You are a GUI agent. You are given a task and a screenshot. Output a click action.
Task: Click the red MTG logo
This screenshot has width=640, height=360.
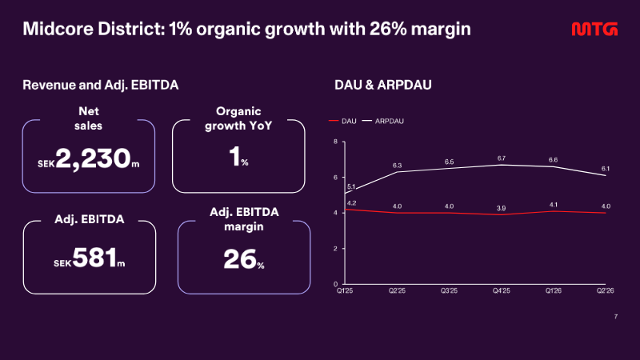pos(594,29)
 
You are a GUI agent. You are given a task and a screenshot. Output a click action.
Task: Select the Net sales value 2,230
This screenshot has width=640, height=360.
pos(93,158)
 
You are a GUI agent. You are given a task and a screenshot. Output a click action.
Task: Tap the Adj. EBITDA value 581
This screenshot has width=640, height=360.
pos(94,258)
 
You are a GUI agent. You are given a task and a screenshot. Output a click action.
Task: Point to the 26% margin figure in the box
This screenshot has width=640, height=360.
pos(244,259)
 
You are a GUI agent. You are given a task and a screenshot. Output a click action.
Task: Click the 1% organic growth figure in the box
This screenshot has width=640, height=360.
pos(238,156)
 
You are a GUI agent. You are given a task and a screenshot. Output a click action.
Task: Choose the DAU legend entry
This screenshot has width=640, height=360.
pos(342,122)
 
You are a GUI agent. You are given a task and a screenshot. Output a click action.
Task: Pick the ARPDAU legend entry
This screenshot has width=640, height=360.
pos(383,122)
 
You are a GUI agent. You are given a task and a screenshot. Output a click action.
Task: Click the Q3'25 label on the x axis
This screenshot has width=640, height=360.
pos(449,290)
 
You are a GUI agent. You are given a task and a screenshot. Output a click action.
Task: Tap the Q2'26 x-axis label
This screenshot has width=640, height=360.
pos(606,290)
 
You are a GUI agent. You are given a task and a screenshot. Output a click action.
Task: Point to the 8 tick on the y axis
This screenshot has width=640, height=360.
pos(335,142)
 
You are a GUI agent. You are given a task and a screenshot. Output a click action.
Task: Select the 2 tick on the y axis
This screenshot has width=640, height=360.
pos(335,248)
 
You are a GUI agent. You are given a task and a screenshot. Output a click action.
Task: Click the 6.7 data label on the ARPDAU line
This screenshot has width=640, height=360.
pos(502,158)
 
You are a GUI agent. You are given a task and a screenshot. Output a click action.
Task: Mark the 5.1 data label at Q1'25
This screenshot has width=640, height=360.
pos(351,187)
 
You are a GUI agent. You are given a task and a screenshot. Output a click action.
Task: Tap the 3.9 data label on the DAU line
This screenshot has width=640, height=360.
pos(502,208)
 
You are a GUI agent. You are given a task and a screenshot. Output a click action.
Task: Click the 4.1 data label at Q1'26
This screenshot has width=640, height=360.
pos(554,205)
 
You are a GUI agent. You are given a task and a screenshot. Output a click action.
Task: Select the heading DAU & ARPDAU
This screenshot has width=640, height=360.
pos(383,85)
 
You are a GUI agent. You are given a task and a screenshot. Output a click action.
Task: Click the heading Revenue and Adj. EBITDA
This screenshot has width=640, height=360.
pos(101,85)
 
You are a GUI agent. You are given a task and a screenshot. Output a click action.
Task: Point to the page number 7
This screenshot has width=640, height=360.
pos(616,317)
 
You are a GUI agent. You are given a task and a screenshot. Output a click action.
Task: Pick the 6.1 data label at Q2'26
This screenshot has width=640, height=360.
pos(606,169)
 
